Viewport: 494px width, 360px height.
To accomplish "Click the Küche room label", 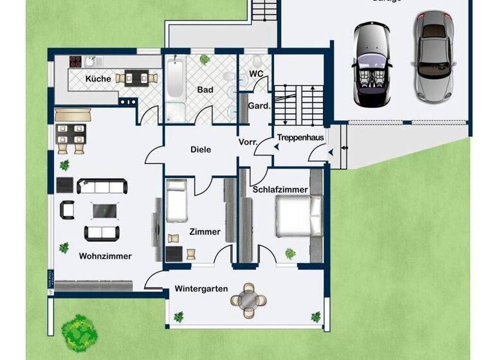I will coord(98,79).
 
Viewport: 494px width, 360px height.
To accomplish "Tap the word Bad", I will coord(205,91).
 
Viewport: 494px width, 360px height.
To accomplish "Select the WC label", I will coord(256,74).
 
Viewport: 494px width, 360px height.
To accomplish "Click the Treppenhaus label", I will coord(300,138).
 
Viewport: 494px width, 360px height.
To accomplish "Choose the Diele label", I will coord(201,150).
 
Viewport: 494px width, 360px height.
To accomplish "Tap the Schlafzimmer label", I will coord(280,190).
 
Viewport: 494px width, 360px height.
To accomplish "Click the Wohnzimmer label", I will coord(105,256).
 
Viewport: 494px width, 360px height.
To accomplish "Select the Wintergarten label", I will coord(201,289).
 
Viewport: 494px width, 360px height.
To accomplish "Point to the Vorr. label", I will coord(248,141).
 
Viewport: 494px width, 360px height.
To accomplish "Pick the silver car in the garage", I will coord(430,56).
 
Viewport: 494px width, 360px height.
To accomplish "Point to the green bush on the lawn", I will coord(79,330).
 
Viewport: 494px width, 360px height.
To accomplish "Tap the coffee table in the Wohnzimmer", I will coord(103,210).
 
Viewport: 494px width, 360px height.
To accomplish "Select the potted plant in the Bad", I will coord(205,60).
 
